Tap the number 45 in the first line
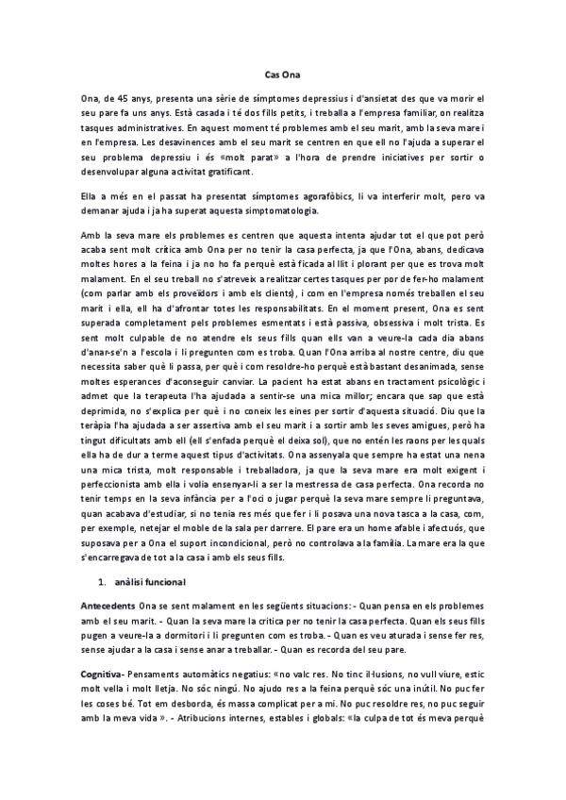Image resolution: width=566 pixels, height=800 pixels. coord(122,97)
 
